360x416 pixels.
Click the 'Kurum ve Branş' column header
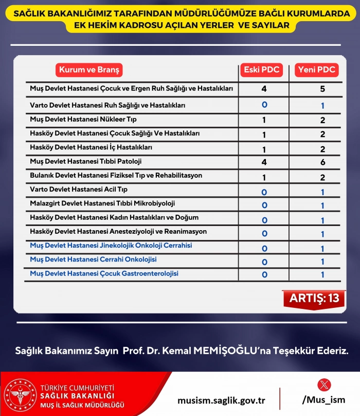click(89, 70)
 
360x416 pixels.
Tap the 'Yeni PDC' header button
click(315, 70)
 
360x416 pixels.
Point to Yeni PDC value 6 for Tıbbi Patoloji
click(322, 162)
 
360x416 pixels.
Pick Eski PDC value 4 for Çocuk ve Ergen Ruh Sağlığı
click(264, 89)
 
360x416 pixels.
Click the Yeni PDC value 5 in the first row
click(322, 89)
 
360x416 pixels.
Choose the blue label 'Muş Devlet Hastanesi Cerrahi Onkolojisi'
click(93, 259)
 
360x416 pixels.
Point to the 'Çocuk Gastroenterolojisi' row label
click(104, 273)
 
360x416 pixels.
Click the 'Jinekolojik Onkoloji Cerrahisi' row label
click(111, 246)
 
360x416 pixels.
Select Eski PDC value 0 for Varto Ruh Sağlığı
click(264, 105)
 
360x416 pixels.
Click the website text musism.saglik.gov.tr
click(221, 400)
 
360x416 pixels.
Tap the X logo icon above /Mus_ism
click(325, 385)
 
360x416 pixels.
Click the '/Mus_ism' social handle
click(324, 400)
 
